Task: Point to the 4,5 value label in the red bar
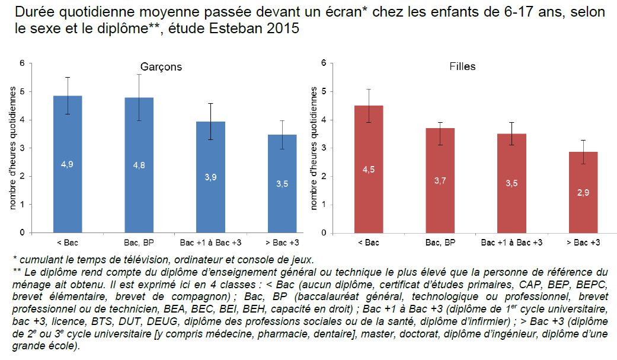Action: click(x=368, y=170)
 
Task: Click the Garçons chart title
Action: click(x=161, y=67)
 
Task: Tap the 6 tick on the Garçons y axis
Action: click(x=22, y=63)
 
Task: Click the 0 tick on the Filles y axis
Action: click(x=324, y=232)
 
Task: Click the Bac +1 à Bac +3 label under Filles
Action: click(x=511, y=243)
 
